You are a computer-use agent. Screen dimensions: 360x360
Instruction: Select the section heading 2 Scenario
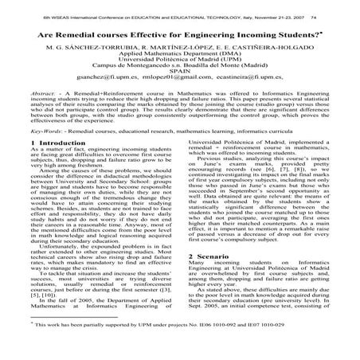pos(214,260)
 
